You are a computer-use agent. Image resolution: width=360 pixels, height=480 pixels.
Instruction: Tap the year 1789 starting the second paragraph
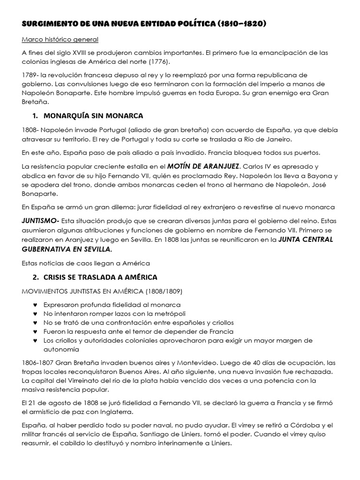click(30, 75)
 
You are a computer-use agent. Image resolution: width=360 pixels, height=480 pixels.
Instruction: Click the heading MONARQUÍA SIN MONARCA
click(93, 115)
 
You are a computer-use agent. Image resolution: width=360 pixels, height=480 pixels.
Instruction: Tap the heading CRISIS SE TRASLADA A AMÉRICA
click(100, 277)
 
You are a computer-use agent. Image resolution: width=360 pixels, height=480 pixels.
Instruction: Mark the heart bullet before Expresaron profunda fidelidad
click(36, 305)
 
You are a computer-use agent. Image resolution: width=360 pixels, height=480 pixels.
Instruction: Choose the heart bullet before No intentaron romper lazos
click(36, 314)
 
